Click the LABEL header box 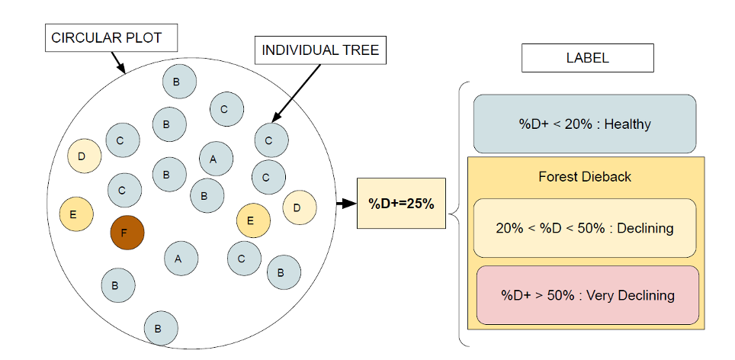587,58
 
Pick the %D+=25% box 401,204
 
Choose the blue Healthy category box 584,124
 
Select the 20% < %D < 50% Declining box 584,227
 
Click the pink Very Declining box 587,295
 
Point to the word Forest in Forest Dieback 558,177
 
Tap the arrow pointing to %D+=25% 345,204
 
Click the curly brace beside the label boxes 458,215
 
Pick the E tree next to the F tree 76,214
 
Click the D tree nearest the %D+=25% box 299,207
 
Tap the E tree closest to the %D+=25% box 253,221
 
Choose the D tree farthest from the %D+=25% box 84,156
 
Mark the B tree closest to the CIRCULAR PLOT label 179,82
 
